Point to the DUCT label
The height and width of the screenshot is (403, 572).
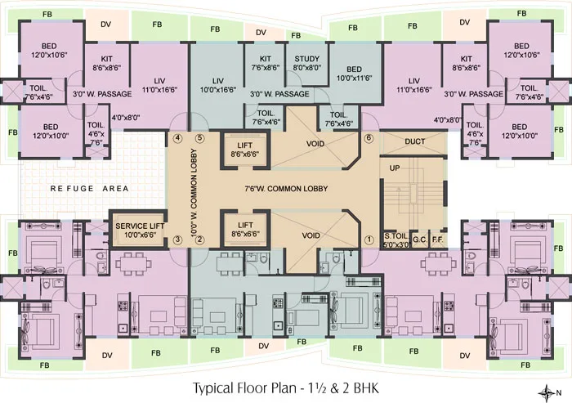[x=414, y=141]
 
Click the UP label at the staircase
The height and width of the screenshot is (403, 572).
[x=395, y=167]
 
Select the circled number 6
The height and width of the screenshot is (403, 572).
[x=369, y=138]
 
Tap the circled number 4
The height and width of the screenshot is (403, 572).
[x=177, y=138]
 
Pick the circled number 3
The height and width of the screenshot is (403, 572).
[x=177, y=240]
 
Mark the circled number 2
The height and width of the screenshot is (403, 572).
[x=199, y=240]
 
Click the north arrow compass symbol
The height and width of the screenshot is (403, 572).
[x=550, y=389]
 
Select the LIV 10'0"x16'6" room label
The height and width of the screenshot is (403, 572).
[x=217, y=85]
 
